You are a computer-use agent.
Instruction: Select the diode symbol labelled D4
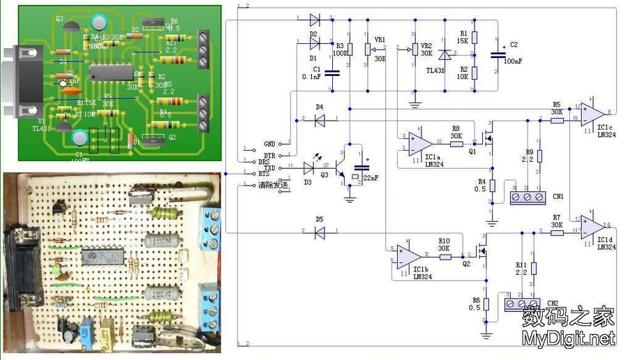click(x=320, y=120)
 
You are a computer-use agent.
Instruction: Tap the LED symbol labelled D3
click(x=309, y=168)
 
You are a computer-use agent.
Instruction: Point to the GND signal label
click(x=269, y=142)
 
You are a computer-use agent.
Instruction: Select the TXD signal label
click(x=269, y=168)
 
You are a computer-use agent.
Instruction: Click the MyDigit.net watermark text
click(x=569, y=339)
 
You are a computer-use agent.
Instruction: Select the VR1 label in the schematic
click(x=380, y=40)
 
